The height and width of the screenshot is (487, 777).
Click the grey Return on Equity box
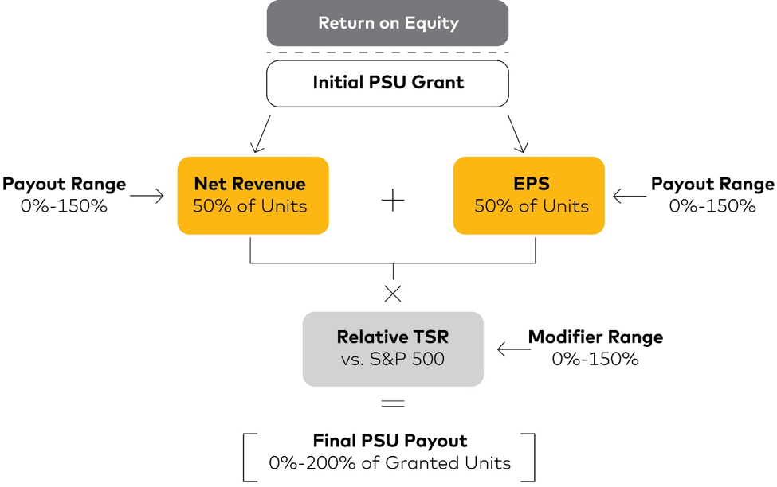pyautogui.click(x=387, y=23)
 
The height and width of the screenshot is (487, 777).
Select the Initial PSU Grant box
pyautogui.click(x=387, y=84)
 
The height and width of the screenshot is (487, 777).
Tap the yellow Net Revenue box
pyautogui.click(x=253, y=196)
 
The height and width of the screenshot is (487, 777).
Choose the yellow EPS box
pyautogui.click(x=528, y=196)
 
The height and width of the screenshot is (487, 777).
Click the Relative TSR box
pyautogui.click(x=393, y=349)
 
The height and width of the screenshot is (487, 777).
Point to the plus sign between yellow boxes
pyautogui.click(x=393, y=200)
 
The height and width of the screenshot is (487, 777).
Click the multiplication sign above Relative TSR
pyautogui.click(x=393, y=294)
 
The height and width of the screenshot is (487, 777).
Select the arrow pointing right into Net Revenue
pyautogui.click(x=147, y=196)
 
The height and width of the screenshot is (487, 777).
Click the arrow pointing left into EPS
pyautogui.click(x=630, y=196)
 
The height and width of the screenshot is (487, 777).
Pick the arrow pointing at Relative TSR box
pyautogui.click(x=514, y=349)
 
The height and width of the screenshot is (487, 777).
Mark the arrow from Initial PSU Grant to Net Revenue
pyautogui.click(x=261, y=134)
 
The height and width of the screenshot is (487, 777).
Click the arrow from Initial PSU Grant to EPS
pyautogui.click(x=517, y=134)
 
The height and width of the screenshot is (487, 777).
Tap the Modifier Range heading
pyautogui.click(x=595, y=337)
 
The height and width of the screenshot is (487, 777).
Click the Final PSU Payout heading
pyautogui.click(x=390, y=441)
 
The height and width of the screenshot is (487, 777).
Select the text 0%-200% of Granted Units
pyautogui.click(x=390, y=463)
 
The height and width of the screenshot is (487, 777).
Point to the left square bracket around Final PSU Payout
pyautogui.click(x=245, y=458)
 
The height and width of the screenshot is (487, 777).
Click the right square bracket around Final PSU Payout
pyautogui.click(x=534, y=458)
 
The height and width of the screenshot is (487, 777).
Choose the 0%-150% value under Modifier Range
pyautogui.click(x=595, y=359)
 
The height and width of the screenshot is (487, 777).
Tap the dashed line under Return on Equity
pyautogui.click(x=387, y=53)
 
